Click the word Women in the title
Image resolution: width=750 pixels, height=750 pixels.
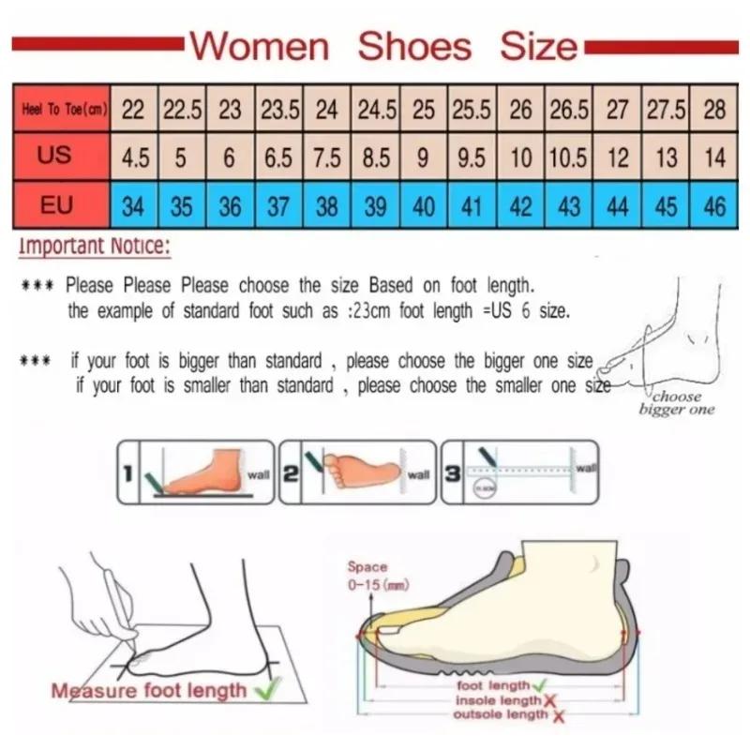260,46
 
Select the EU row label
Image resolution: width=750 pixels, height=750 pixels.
54,202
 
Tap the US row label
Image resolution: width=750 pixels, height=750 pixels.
54,156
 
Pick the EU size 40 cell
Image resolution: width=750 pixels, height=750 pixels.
424,205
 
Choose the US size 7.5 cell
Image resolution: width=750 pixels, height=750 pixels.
326,157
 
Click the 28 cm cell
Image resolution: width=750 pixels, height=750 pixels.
714,110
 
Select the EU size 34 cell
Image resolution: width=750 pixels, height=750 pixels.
134,205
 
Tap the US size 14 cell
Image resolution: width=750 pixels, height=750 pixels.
714,157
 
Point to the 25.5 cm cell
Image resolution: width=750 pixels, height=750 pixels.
472,110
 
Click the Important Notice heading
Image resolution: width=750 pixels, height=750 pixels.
94,247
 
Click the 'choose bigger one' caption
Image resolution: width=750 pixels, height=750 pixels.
677,402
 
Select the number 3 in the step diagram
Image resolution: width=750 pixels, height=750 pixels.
452,474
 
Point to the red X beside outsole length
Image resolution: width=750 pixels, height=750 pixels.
559,716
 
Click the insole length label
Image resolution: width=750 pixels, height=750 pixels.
498,700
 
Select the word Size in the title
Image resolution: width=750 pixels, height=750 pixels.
538,46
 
